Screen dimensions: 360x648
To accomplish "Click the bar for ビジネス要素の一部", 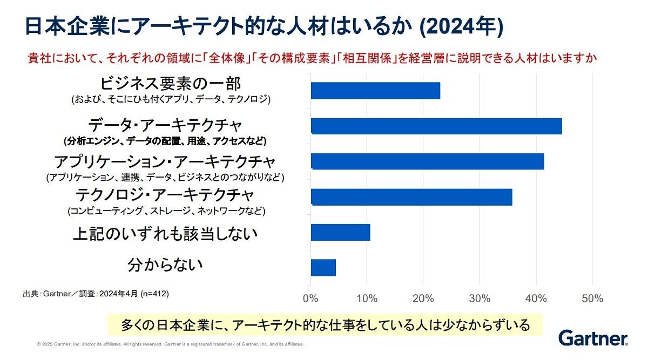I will point(375,91).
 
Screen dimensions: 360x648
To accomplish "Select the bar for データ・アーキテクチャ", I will point(436,126).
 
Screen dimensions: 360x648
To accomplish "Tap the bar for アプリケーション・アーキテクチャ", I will point(428,161).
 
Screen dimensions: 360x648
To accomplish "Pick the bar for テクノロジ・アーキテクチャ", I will point(411,197).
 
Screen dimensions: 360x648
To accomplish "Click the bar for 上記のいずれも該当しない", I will point(340,232).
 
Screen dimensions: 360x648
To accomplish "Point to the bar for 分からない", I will point(323,268).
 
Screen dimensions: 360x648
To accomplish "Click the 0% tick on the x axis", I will point(310,298).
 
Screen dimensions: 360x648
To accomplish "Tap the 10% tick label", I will point(367,298).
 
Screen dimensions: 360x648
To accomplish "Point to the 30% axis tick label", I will point(480,298).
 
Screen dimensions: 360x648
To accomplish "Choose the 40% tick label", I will point(536,298).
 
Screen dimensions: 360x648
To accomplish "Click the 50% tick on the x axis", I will point(592,298).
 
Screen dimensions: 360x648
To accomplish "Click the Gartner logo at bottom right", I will point(593,338).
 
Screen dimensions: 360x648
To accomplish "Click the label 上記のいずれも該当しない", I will point(165,234).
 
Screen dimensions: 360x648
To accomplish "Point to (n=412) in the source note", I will point(154,294).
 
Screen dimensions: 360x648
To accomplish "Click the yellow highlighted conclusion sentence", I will point(324,325).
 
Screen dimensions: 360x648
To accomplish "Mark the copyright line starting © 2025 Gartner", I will point(170,344).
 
